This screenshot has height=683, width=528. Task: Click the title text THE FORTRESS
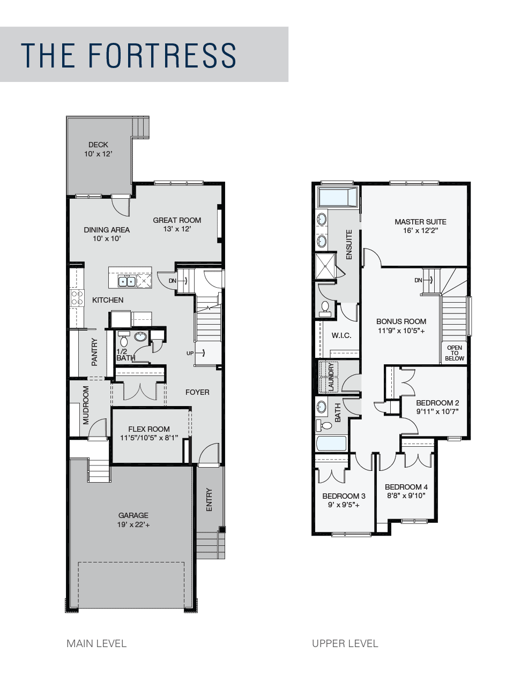click(x=129, y=55)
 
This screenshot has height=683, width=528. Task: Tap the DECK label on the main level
click(x=98, y=145)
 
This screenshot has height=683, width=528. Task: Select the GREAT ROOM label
click(x=177, y=220)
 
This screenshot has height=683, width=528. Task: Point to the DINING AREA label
click(x=107, y=230)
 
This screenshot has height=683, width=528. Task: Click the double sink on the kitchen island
click(x=127, y=281)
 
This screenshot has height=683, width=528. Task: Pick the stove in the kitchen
click(x=77, y=298)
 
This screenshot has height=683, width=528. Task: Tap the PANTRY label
click(x=95, y=351)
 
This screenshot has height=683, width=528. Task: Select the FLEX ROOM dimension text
click(x=149, y=438)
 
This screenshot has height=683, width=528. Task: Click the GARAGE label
click(x=133, y=515)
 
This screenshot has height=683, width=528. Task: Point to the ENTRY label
click(x=209, y=499)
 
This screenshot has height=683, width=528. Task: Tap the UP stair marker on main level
click(x=190, y=353)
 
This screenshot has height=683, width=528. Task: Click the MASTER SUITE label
click(x=420, y=222)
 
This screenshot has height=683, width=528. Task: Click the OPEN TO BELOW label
click(x=454, y=353)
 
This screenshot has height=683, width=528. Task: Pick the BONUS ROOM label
click(x=401, y=321)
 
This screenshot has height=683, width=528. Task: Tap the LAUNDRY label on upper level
click(x=331, y=377)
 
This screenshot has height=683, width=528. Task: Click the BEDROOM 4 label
click(x=406, y=487)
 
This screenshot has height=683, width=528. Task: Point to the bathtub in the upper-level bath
click(x=331, y=444)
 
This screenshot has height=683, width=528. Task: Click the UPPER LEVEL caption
click(x=345, y=643)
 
